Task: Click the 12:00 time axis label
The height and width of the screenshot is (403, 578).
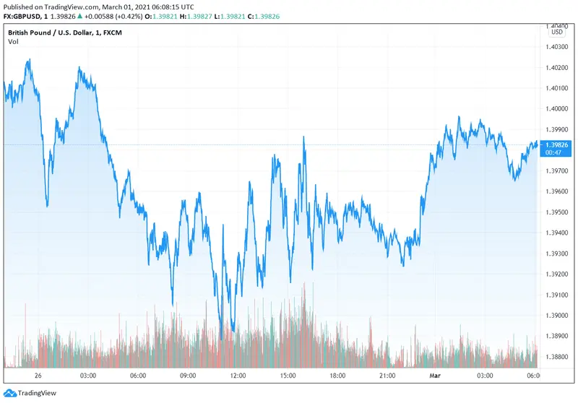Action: click(x=238, y=376)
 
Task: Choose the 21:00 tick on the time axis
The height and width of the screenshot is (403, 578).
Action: click(x=387, y=376)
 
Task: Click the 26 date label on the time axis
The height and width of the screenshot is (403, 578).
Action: click(x=38, y=376)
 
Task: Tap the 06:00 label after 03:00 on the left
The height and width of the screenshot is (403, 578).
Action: click(x=139, y=376)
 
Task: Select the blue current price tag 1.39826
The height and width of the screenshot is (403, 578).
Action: click(x=558, y=144)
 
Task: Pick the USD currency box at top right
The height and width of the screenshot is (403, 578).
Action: click(x=557, y=32)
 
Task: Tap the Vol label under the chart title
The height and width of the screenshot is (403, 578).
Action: click(x=13, y=42)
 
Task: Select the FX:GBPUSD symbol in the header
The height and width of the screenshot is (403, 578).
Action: click(x=24, y=16)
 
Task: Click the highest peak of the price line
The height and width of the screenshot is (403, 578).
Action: click(x=29, y=60)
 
